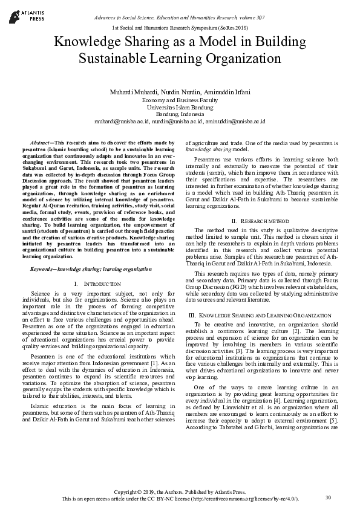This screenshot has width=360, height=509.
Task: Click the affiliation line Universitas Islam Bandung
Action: tap(180, 106)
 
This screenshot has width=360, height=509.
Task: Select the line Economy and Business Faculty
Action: tap(180, 99)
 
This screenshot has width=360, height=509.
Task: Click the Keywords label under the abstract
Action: tap(43, 268)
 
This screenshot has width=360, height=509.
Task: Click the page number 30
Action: tap(328, 497)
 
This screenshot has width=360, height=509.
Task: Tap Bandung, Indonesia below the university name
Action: tap(180, 114)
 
